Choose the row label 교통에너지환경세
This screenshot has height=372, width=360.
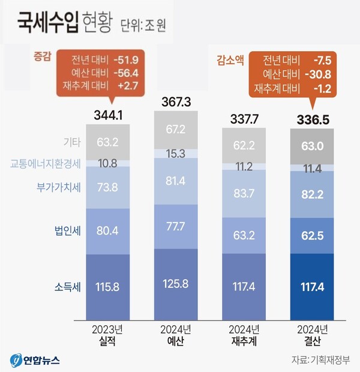pos(46,163)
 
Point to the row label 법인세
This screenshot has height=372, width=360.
pos(65,229)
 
